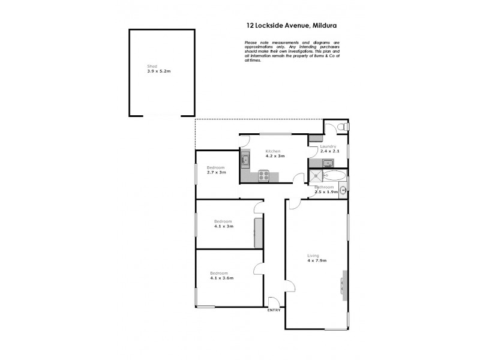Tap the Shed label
coord(152,66)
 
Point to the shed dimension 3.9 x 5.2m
coord(159,71)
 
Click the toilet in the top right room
coord(342,127)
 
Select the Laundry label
coord(328,146)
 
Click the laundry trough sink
coord(328,163)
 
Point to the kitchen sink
coord(245,160)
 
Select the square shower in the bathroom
coord(316,176)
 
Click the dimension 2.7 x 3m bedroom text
coord(216,172)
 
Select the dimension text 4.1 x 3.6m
coord(221,278)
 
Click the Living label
coord(313,255)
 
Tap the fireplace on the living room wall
coord(344,284)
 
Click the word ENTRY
coord(273,310)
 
